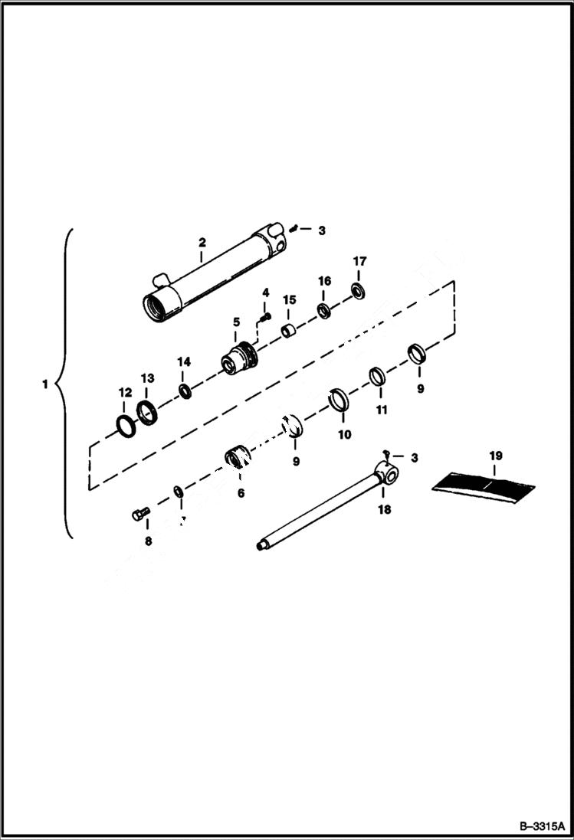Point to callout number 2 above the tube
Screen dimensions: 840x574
tap(202, 243)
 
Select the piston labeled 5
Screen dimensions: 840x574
tap(238, 358)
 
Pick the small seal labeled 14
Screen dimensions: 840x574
tap(185, 392)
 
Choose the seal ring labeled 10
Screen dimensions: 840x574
tap(339, 400)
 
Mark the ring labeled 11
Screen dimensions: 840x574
tap(377, 378)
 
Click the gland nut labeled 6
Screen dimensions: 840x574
tap(237, 459)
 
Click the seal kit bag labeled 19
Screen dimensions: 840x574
tap(484, 485)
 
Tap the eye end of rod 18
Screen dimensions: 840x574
tap(387, 476)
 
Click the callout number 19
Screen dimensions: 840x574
tap(495, 456)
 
